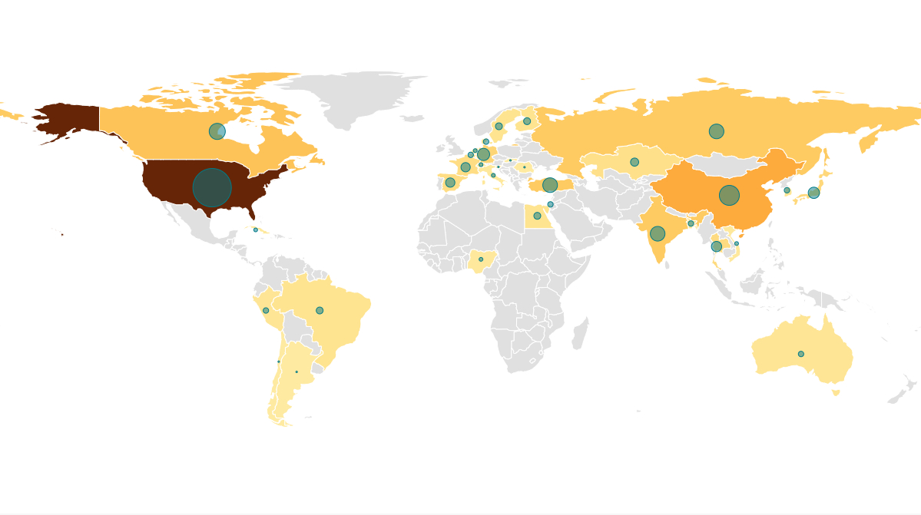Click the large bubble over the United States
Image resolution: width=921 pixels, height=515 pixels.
click(x=212, y=188)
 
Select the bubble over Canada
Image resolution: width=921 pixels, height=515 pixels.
click(x=217, y=131)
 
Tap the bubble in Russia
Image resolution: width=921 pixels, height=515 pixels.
click(x=716, y=131)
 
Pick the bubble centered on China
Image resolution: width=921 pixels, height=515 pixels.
click(x=729, y=195)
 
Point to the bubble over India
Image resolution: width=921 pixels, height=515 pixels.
click(x=658, y=233)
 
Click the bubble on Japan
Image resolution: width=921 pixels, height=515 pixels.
click(x=813, y=193)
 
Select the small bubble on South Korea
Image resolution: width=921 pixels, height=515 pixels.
click(x=787, y=190)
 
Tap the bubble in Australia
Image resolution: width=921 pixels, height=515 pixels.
click(x=800, y=354)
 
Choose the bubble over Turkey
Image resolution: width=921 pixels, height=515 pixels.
click(x=550, y=185)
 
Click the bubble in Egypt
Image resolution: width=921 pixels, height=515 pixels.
click(x=537, y=216)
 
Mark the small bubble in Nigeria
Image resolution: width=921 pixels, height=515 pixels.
click(x=481, y=259)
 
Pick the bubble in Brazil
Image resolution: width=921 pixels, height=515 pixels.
click(x=320, y=310)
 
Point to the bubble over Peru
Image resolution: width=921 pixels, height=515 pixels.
click(x=266, y=310)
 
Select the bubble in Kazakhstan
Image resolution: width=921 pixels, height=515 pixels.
click(x=634, y=162)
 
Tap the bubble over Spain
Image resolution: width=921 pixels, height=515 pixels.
click(x=450, y=183)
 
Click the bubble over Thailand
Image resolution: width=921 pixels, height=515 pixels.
click(x=716, y=246)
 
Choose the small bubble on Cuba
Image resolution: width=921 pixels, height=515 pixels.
click(x=256, y=229)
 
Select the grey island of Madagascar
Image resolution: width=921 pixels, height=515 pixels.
click(x=580, y=334)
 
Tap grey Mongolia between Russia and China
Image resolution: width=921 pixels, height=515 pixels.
click(x=722, y=163)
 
